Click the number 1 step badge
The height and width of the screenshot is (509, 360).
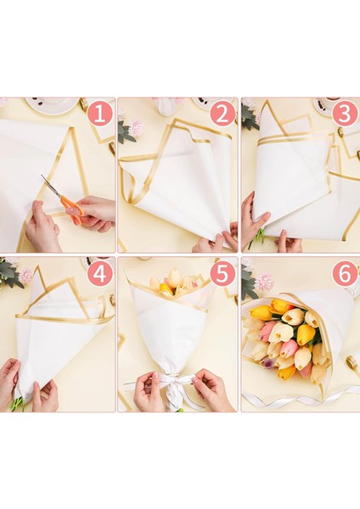coord(99,115)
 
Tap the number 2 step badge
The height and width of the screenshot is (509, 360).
coord(222,115)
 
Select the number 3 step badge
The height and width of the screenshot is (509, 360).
coord(345,115)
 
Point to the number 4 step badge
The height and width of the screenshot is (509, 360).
coord(99,274)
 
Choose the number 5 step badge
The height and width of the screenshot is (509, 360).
coord(222,274)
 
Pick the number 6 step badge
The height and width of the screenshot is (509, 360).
coord(345,274)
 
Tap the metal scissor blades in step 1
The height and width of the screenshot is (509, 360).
coord(51,186)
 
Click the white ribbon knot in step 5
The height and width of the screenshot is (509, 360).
coord(172,384)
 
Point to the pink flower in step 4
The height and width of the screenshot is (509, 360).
coord(26,275)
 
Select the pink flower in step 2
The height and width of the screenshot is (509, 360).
coord(136,127)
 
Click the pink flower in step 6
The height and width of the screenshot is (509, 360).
coord(264,281)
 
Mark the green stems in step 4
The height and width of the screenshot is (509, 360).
coord(18,404)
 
